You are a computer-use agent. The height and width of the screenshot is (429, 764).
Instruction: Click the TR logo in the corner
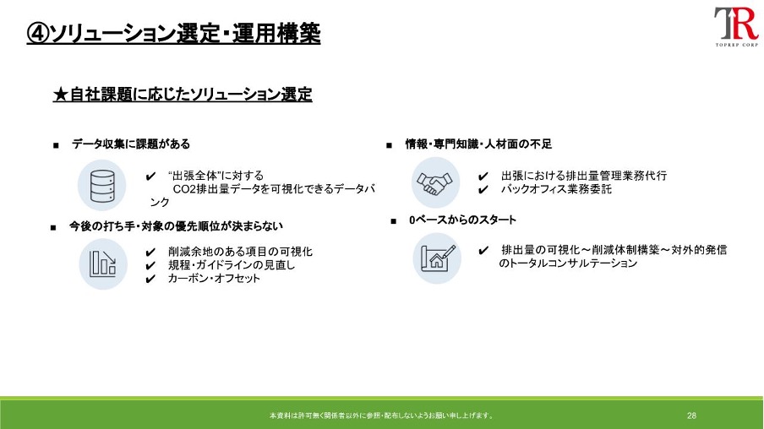tap(736, 26)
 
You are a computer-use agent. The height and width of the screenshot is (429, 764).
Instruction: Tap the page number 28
tap(691, 415)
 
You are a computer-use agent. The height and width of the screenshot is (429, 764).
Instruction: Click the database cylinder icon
tap(102, 186)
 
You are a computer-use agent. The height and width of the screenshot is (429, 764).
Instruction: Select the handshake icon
tap(434, 183)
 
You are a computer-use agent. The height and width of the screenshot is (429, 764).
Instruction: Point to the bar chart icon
tap(103, 263)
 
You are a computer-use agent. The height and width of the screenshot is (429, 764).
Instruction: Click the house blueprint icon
tap(438, 258)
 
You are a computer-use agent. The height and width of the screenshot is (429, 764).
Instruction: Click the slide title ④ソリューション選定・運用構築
tap(173, 33)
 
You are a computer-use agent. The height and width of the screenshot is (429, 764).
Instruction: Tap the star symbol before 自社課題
tap(60, 95)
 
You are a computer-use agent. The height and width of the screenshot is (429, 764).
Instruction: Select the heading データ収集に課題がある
tap(131, 144)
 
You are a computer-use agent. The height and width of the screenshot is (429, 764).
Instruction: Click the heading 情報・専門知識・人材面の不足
tap(478, 144)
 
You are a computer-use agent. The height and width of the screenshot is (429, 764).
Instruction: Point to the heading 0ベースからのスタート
tap(462, 220)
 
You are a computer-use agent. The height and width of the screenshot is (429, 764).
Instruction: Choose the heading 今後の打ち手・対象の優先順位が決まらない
tap(176, 226)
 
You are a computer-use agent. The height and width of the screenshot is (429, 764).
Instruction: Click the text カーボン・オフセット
tap(214, 279)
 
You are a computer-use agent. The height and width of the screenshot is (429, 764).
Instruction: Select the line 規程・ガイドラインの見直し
tap(232, 265)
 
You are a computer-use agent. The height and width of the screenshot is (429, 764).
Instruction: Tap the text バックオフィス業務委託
tap(556, 189)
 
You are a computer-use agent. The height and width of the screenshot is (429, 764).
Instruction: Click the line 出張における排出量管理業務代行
tap(584, 176)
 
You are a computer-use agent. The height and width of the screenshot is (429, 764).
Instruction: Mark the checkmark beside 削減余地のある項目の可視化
tap(150, 253)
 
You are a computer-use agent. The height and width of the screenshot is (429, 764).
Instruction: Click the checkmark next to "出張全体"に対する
tap(150, 176)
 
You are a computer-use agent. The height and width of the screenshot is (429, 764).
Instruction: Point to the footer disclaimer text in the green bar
tap(381, 415)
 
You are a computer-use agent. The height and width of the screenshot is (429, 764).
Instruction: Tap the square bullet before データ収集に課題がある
tap(56, 145)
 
